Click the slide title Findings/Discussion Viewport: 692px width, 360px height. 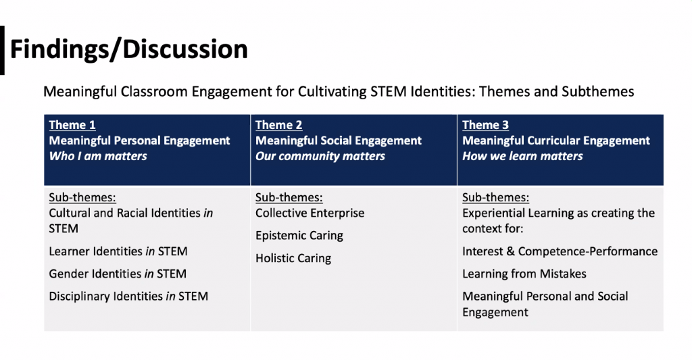pos(129,49)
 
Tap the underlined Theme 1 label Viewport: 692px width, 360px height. pos(72,125)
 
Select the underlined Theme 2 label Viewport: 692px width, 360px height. pos(279,125)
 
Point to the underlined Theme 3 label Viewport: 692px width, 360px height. pos(485,125)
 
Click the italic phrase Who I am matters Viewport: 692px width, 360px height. pos(98,156)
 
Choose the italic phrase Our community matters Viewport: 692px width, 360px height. pos(320,156)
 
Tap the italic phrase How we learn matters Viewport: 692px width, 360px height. pos(522,156)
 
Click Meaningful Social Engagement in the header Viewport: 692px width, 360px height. pos(339,140)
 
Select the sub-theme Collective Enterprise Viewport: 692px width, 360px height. pos(310,213)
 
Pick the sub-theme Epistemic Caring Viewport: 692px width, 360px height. pos(299,236)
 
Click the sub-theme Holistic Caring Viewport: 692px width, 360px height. pos(293,258)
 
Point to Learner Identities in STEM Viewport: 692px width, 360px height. pos(118,251)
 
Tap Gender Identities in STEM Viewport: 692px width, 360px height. pos(118,274)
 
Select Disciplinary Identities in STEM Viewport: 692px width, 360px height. pos(128,296)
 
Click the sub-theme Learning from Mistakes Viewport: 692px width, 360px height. pos(524,274)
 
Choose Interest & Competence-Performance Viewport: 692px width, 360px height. pos(560,251)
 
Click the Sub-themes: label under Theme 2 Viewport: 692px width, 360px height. pos(289,197)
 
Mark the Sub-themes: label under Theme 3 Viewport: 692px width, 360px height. pos(495,197)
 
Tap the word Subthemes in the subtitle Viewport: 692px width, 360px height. pos(598,91)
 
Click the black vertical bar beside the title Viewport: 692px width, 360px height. pos(2,50)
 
